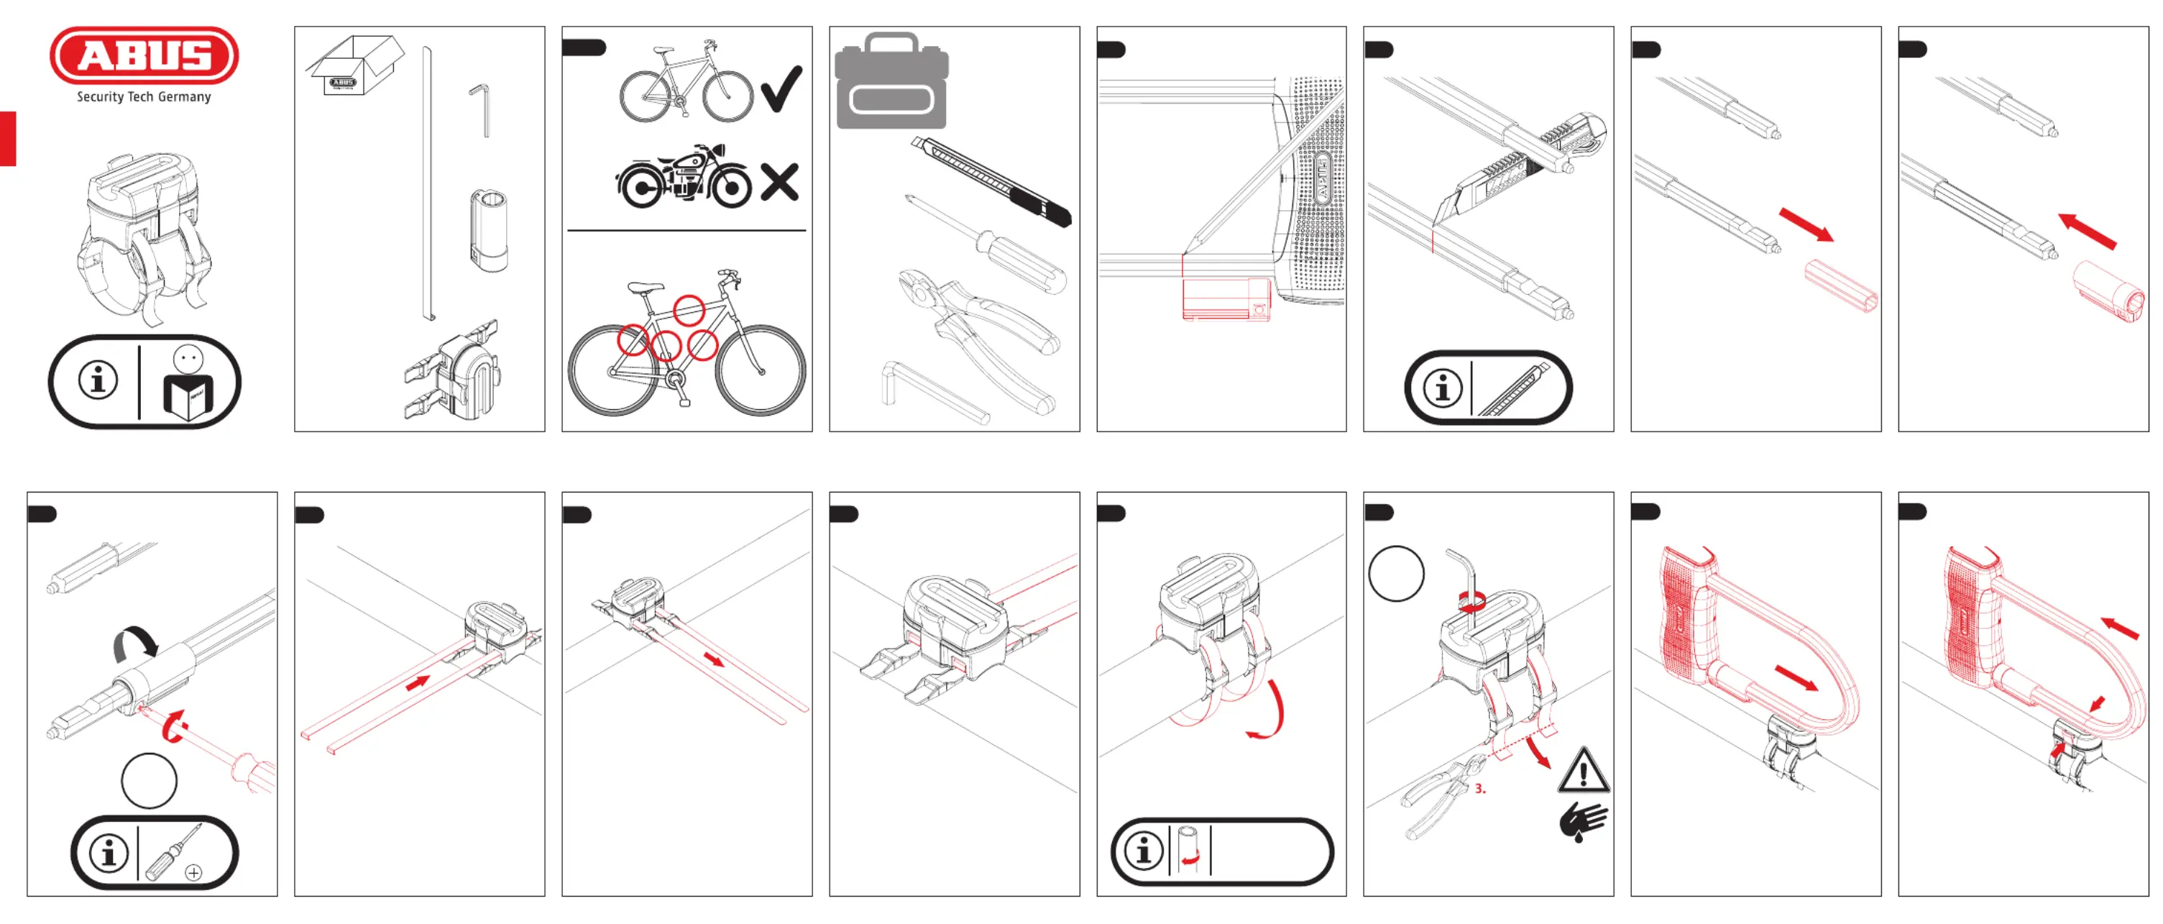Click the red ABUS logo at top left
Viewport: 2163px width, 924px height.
[144, 55]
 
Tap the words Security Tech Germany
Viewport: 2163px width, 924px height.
[144, 96]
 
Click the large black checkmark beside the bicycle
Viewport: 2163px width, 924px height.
[781, 88]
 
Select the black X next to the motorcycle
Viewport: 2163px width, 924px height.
[779, 182]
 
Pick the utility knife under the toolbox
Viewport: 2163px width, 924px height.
[991, 181]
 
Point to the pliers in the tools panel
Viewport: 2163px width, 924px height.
[978, 336]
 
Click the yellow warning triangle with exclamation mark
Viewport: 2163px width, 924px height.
[1584, 771]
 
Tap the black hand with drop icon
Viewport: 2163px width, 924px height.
[1583, 820]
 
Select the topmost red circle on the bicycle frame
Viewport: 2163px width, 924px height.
[689, 310]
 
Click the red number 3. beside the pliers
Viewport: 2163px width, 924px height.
[1479, 789]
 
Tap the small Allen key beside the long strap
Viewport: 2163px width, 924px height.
[480, 109]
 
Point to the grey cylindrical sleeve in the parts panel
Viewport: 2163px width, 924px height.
[489, 229]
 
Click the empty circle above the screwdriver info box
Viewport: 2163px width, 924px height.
[150, 780]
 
